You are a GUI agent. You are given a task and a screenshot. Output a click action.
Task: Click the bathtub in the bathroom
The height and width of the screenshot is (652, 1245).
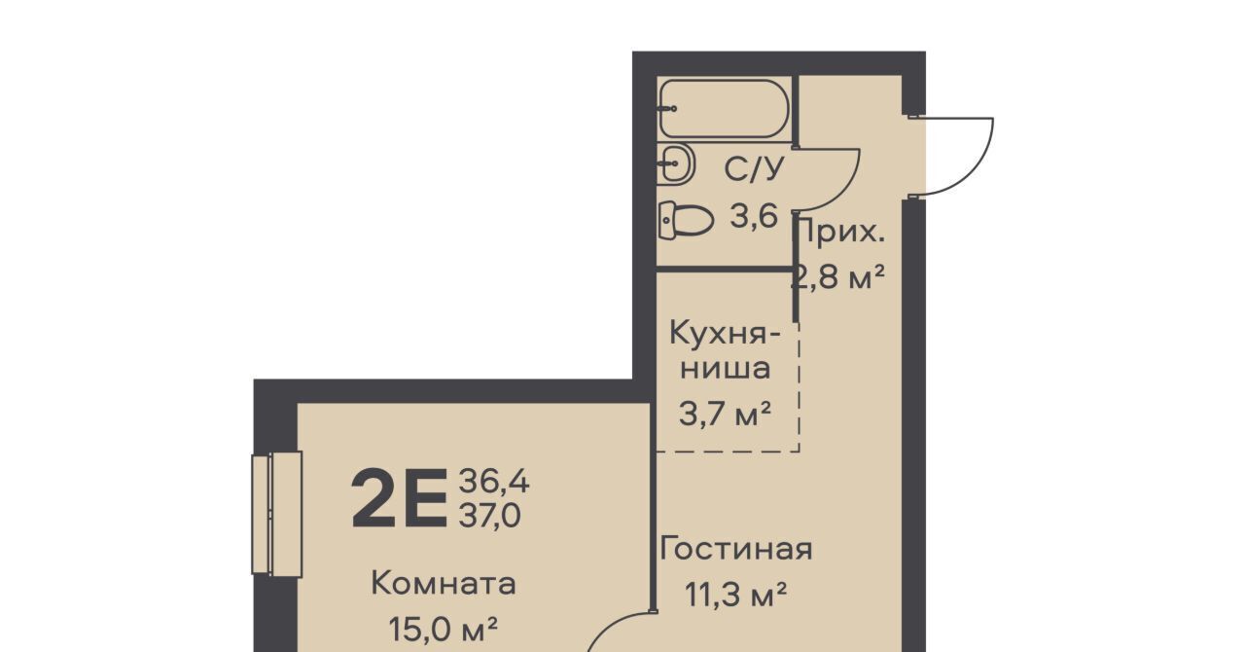coord(725,109)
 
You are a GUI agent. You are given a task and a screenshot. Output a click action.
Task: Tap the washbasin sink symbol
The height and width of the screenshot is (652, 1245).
coord(676,163)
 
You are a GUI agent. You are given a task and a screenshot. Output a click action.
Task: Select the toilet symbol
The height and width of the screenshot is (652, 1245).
coord(686,220)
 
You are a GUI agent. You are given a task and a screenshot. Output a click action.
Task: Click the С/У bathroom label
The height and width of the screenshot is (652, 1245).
coord(754,168)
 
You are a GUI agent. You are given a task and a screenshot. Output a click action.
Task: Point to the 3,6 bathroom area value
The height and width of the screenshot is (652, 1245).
coord(754,216)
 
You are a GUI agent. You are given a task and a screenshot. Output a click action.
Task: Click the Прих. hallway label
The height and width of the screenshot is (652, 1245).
coord(841,232)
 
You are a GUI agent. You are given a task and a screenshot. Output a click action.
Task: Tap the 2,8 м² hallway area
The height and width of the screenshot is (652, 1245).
coord(837,276)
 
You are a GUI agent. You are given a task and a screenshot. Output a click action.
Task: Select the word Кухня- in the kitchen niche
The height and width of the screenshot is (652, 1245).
coord(725,333)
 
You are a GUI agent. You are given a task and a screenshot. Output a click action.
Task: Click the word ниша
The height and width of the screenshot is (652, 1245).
coord(726,368)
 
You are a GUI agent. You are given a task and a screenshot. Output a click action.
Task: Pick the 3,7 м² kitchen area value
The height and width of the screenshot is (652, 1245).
coord(726,414)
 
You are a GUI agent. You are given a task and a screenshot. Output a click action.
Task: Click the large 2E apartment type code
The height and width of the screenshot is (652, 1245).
coord(400,498)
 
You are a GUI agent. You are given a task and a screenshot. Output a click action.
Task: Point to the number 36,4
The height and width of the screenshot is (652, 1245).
coord(494,481)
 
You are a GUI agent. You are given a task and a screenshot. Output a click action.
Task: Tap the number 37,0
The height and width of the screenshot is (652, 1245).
coord(489,515)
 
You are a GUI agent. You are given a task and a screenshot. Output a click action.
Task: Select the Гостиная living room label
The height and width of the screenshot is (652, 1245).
coord(736,549)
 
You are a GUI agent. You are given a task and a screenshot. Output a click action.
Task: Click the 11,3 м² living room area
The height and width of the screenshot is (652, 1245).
coord(735,595)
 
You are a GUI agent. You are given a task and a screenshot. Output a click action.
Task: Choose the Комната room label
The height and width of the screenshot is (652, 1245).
coord(444,584)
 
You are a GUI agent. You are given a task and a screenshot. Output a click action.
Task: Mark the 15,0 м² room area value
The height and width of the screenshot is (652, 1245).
coord(443,630)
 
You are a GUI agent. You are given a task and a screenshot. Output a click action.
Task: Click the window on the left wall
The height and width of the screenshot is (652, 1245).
coord(277,513)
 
